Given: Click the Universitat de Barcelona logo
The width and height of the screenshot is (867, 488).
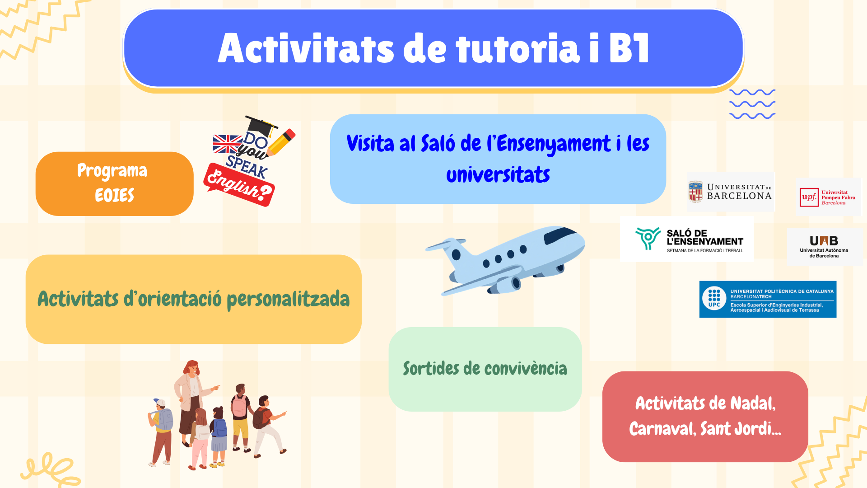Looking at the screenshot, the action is coord(730,192).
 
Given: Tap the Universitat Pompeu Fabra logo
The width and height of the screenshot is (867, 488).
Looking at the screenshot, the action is coord(828,197).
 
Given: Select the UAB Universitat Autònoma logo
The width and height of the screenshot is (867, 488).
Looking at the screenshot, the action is coord(824,246).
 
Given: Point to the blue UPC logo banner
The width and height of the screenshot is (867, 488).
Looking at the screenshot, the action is coord(768,299).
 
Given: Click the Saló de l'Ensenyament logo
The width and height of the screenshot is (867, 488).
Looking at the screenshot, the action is coord(687,239).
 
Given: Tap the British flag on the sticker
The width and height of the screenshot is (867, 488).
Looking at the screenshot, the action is coord(228,144).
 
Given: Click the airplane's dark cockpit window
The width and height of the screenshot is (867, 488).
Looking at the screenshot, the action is coord(560,235).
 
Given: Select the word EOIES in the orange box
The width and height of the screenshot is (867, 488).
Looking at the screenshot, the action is coord(115,195).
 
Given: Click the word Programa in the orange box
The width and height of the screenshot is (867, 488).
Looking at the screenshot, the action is coord(112,171).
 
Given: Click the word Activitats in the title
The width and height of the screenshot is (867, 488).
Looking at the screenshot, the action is coord(306,48).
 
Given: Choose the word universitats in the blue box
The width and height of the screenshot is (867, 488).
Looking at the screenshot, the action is coord(498,174).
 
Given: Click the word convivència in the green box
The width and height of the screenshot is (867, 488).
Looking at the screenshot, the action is coord(526,368).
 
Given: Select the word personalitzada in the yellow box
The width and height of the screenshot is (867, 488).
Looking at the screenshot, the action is coord(288,299).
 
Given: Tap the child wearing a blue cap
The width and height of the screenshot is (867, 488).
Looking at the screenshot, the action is coord(161,432).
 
